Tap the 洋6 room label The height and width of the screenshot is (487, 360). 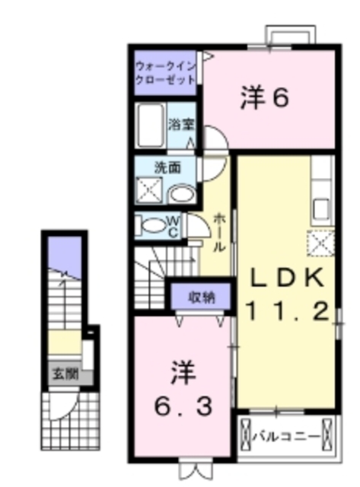pyautogui.click(x=266, y=98)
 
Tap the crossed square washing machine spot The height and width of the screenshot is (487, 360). pyautogui.click(x=148, y=190)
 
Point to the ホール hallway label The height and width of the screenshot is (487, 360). pyautogui.click(x=218, y=231)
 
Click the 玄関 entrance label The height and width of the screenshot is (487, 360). pyautogui.click(x=65, y=374)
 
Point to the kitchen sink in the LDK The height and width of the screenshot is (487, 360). pyautogui.click(x=320, y=206)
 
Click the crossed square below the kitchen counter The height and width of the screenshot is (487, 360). pyautogui.click(x=320, y=243)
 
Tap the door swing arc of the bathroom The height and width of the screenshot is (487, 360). pyautogui.click(x=214, y=140)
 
